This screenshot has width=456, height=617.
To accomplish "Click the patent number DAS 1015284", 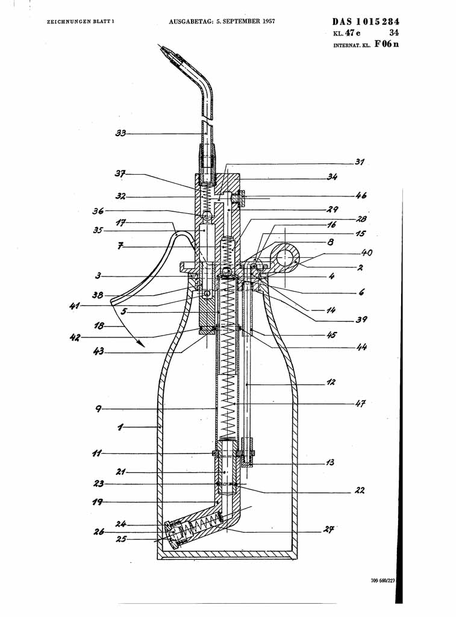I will tap(366, 22).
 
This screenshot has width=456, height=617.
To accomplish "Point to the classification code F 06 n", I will tap(386, 44).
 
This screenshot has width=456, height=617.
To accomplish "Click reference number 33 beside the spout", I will tap(120, 133).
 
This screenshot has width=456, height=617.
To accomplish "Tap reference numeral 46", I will tap(361, 196).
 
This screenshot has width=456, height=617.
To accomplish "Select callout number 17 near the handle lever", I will tap(120, 223).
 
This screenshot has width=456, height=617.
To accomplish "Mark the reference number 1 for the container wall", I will tap(120, 427).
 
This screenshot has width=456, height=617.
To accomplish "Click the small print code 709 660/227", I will tap(383, 581).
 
